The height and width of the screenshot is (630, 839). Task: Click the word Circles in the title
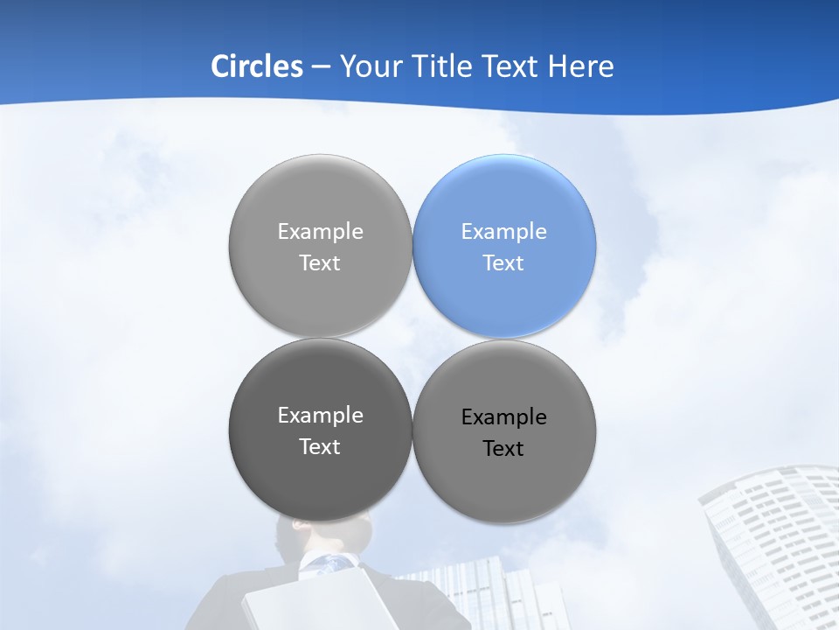click(256, 66)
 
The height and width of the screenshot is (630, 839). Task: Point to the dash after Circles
click(321, 66)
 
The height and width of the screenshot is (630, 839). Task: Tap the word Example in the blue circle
click(504, 231)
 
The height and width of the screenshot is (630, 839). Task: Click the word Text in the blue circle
click(503, 262)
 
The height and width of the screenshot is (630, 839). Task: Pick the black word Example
click(504, 416)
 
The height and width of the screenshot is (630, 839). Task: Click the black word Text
click(503, 448)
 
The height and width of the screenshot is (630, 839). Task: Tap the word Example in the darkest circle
click(320, 415)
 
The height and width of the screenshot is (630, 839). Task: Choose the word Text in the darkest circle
click(320, 446)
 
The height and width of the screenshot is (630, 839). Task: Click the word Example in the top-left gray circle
click(320, 231)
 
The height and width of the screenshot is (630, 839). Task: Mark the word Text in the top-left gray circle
click(320, 262)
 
